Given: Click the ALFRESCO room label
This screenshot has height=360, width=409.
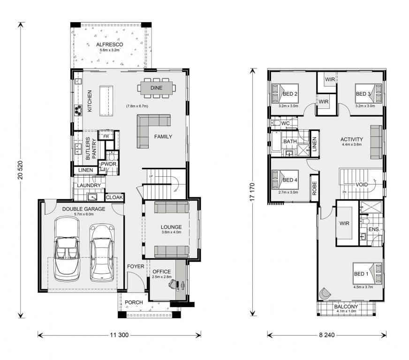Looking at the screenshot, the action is pyautogui.click(x=110, y=45).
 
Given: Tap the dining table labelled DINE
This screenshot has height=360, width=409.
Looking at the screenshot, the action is pyautogui.click(x=157, y=88).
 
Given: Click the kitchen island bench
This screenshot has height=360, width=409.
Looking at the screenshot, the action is pyautogui.click(x=106, y=101).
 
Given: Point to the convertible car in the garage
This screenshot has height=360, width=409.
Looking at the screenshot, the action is pyautogui.click(x=66, y=249).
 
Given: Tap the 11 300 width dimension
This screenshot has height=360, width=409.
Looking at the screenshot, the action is pyautogui.click(x=119, y=335).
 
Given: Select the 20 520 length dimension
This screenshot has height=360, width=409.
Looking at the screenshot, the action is pyautogui.click(x=21, y=170).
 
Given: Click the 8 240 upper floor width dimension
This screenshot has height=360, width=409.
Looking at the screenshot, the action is pyautogui.click(x=326, y=335).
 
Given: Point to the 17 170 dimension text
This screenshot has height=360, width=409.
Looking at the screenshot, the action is pyautogui.click(x=252, y=192).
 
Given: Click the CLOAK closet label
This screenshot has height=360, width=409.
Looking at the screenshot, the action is pyautogui.click(x=114, y=197).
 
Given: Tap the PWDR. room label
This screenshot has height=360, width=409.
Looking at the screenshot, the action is pyautogui.click(x=109, y=164).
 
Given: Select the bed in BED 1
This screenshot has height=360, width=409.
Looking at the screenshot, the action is pyautogui.click(x=368, y=273).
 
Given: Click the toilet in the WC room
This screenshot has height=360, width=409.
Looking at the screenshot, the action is pyautogui.click(x=276, y=123).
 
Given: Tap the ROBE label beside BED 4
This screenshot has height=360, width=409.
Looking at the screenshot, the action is pyautogui.click(x=314, y=188).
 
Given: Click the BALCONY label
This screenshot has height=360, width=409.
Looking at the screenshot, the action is pyautogui.click(x=346, y=307).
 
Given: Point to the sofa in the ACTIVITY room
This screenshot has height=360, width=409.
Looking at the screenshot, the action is pyautogui.click(x=376, y=142).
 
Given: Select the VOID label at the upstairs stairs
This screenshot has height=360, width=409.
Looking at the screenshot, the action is pyautogui.click(x=362, y=185).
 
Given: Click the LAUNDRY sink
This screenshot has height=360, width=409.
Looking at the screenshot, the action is pyautogui.click(x=92, y=197).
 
